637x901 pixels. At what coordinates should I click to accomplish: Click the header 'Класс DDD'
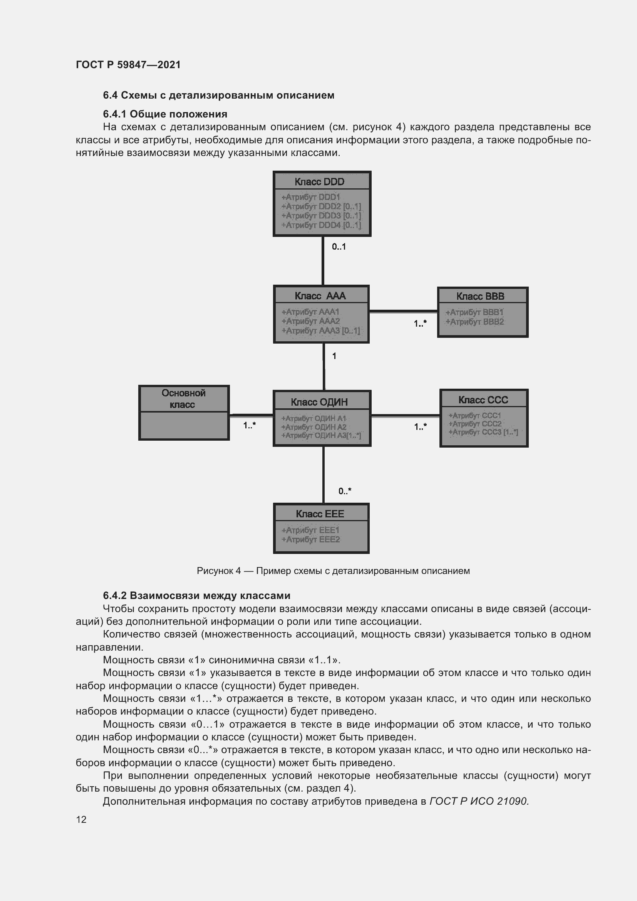coord(319,182)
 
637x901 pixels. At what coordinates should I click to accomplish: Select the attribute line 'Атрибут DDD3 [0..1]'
coord(321,215)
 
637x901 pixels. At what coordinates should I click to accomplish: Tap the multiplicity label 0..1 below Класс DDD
coord(339,247)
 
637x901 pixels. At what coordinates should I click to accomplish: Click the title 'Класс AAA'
coord(320,296)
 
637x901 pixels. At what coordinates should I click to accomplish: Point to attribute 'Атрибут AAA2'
coord(310,321)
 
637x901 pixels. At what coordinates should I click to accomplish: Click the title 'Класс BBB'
coord(480,296)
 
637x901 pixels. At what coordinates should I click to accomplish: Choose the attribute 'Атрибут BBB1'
coord(474,312)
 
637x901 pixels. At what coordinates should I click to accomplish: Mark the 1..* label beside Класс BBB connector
coord(420,324)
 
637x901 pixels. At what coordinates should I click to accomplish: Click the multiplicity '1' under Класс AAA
coord(334,356)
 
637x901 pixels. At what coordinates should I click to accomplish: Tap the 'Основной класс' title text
coord(183,398)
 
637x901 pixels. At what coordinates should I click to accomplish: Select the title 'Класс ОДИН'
coord(319,402)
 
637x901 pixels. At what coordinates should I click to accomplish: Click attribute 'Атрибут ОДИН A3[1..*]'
coord(321,436)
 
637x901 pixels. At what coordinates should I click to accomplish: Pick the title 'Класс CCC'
coord(483,400)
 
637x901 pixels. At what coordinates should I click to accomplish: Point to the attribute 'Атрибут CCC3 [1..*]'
coord(483,432)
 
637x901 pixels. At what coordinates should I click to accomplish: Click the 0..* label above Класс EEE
coord(345,491)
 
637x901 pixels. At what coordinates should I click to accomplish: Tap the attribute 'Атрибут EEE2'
coord(310,540)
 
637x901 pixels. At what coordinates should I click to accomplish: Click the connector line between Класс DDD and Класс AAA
coord(323,261)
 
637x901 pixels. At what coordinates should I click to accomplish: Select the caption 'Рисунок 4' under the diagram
coord(218,571)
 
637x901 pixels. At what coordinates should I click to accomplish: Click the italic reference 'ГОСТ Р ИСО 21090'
coord(479,801)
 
